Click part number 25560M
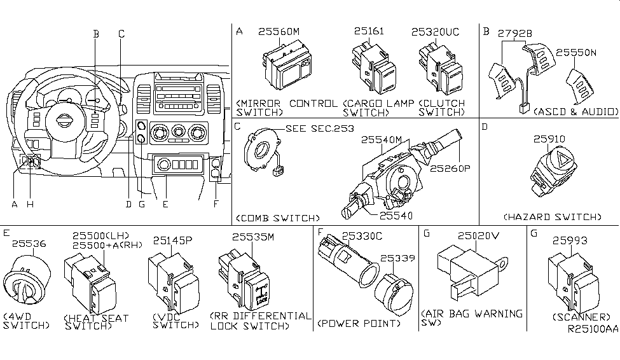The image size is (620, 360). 282,31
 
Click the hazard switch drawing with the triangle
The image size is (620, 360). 552,169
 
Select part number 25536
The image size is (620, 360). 30,243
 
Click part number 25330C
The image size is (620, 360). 362,237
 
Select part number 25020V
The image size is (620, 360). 478,236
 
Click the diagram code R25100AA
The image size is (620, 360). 591,330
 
